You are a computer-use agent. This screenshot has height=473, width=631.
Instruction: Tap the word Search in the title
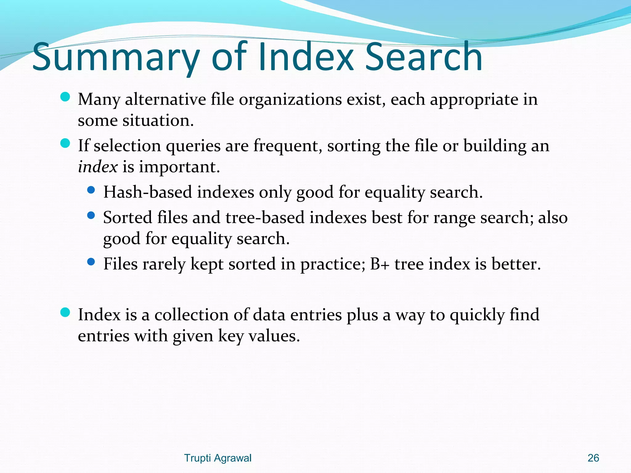coord(423,57)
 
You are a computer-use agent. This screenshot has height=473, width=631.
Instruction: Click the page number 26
coord(593,458)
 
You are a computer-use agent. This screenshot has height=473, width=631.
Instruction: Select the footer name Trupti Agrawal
coord(218,458)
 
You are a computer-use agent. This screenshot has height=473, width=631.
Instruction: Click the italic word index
coord(98,167)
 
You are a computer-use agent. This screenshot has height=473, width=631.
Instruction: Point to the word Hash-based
coord(148,192)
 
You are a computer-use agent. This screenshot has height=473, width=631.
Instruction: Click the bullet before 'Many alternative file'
coord(65,97)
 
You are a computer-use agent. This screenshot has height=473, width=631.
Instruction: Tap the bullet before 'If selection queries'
coord(65,144)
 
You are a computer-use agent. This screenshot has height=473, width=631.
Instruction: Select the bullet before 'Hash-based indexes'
coord(91,190)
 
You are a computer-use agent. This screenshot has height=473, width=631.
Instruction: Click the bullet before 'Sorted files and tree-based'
coord(91,216)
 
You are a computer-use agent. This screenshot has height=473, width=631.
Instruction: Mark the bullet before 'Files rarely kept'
coord(91,262)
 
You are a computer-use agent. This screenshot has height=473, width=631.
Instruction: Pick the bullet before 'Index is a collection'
coord(65,313)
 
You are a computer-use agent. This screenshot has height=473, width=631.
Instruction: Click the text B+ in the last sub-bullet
coord(380,264)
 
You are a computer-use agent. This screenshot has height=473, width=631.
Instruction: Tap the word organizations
coord(290,100)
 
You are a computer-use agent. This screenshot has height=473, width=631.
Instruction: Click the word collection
coord(191,315)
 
